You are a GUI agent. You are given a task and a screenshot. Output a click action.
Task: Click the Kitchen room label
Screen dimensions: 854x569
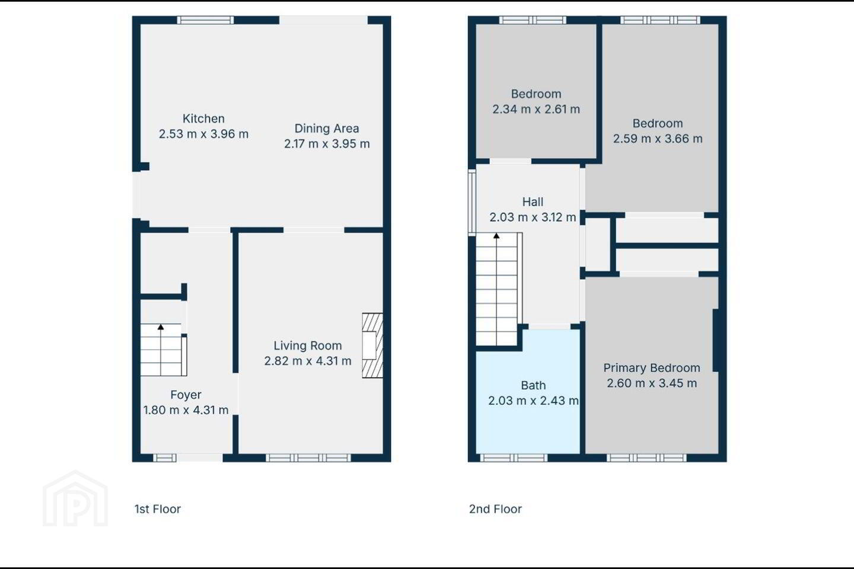click(x=203, y=119)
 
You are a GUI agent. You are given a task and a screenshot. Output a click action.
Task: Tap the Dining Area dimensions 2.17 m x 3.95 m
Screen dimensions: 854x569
click(x=327, y=144)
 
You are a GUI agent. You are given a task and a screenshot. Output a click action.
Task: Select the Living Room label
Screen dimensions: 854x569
click(x=308, y=346)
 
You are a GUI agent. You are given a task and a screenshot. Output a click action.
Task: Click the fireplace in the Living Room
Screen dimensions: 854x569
click(x=372, y=346)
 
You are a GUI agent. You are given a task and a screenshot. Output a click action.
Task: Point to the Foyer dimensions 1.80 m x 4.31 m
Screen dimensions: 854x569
click(x=186, y=410)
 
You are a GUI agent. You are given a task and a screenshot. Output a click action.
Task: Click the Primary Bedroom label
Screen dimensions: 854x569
click(x=652, y=367)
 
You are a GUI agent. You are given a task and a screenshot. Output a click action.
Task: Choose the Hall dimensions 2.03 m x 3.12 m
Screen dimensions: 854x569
click(x=533, y=218)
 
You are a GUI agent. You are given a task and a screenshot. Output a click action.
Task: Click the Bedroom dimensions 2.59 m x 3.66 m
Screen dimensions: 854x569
click(x=658, y=139)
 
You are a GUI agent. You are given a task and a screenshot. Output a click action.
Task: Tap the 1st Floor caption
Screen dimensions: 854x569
click(x=158, y=509)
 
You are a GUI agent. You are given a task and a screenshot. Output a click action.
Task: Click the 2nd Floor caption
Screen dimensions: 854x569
click(x=495, y=509)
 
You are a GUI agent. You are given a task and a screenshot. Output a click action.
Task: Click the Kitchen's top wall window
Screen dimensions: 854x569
click(x=205, y=20)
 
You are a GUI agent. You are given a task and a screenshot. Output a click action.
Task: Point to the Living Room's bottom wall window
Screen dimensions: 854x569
click(x=308, y=458)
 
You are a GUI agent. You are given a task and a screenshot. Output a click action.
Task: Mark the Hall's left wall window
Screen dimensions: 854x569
click(x=472, y=202)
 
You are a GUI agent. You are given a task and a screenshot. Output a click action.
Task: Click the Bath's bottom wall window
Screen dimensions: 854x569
click(x=514, y=458)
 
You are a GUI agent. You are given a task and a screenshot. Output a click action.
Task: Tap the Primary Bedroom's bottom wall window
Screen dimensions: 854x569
click(x=646, y=458)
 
